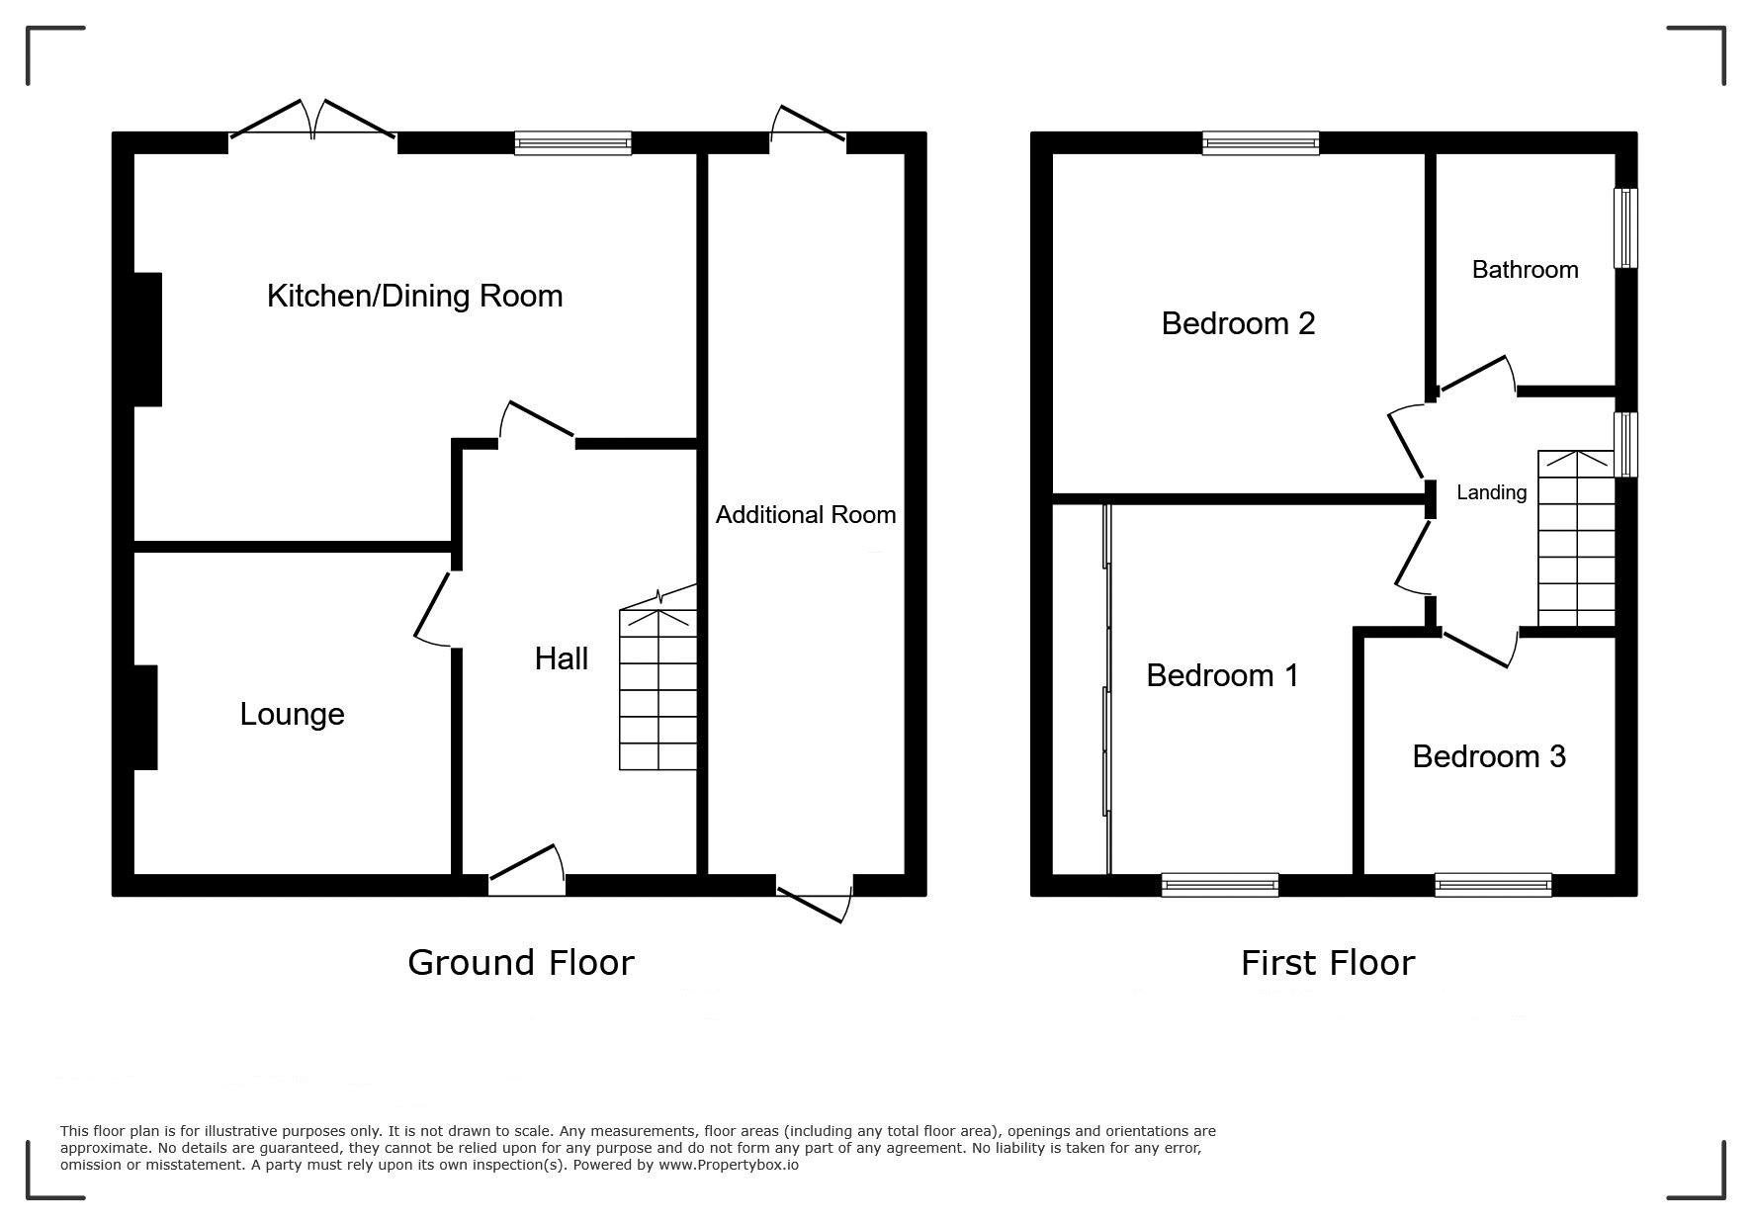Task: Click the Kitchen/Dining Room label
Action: pyautogui.click(x=414, y=296)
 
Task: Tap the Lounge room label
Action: pyautogui.click(x=292, y=714)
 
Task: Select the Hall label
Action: pyautogui.click(x=562, y=658)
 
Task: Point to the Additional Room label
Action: pyautogui.click(x=806, y=514)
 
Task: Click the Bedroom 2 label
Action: pyautogui.click(x=1238, y=323)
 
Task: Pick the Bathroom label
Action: pyautogui.click(x=1525, y=269)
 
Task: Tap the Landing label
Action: pyautogui.click(x=1491, y=491)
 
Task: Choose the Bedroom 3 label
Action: pyautogui.click(x=1489, y=756)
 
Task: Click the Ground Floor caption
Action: pyautogui.click(x=521, y=962)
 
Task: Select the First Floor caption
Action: pyautogui.click(x=1328, y=962)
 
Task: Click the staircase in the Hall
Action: pyautogui.click(x=657, y=689)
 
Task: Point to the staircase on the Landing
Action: pyautogui.click(x=1576, y=538)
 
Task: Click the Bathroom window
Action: pyautogui.click(x=1625, y=227)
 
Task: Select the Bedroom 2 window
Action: pyautogui.click(x=1261, y=143)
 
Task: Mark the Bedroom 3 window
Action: pyautogui.click(x=1493, y=885)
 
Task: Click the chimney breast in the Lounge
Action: pyautogui.click(x=145, y=717)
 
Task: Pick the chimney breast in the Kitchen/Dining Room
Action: pyautogui.click(x=147, y=339)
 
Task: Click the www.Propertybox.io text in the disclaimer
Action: pyautogui.click(x=729, y=1165)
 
